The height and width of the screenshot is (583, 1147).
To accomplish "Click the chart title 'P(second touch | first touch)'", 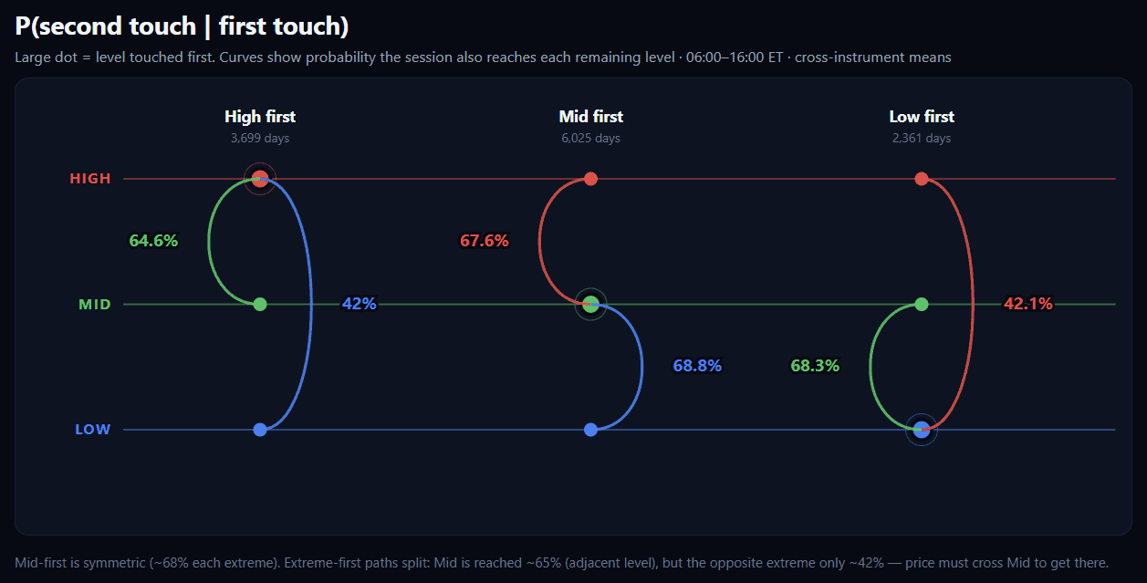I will [x=182, y=26].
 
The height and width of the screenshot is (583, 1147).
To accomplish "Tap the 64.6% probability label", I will [x=153, y=241].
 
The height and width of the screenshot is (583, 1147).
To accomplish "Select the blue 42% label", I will [x=359, y=304].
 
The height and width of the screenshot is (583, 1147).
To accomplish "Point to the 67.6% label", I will [x=485, y=241].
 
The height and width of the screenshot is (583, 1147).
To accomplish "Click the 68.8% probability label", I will [x=697, y=366].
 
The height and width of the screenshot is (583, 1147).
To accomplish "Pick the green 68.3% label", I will [x=815, y=366].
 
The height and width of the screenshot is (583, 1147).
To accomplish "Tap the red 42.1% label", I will [x=1027, y=304].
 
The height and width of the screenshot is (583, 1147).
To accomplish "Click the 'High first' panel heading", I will [x=260, y=117].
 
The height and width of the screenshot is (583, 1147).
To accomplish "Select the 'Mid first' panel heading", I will [x=590, y=117].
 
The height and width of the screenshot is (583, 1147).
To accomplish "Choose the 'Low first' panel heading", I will [x=922, y=117].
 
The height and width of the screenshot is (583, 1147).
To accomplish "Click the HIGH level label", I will [x=90, y=179].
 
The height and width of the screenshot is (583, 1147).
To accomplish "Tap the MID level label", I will [x=95, y=305].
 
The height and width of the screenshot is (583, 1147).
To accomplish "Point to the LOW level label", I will [x=93, y=430].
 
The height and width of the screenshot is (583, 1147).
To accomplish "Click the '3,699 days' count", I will [x=260, y=139].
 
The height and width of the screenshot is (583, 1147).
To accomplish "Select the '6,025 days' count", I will [x=590, y=139].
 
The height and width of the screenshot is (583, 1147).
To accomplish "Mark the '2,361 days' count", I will [x=922, y=139].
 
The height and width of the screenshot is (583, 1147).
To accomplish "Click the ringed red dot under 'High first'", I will [x=260, y=179].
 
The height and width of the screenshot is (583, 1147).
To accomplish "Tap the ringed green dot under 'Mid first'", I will [x=590, y=305].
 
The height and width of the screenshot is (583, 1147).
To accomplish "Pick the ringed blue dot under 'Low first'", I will [x=922, y=430].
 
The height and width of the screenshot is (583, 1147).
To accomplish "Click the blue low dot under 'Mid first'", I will [x=590, y=430].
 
